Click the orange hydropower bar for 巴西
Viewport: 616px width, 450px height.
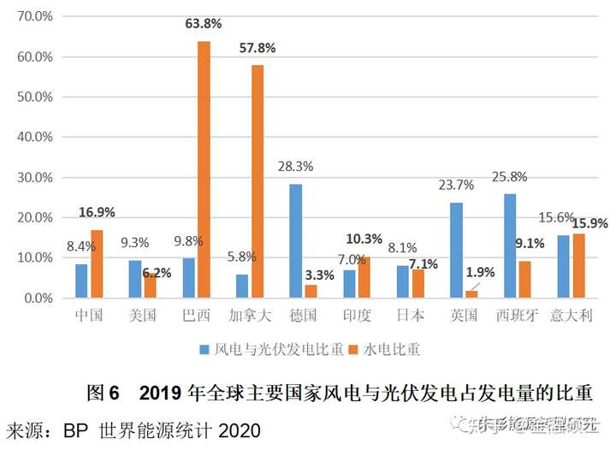(204, 169)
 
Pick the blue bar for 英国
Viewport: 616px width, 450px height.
(456, 250)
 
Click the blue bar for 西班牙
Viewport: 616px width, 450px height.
(511, 246)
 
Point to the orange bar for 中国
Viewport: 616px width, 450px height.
(97, 263)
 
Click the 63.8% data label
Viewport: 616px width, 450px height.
(204, 23)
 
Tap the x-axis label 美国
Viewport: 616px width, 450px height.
(142, 315)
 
